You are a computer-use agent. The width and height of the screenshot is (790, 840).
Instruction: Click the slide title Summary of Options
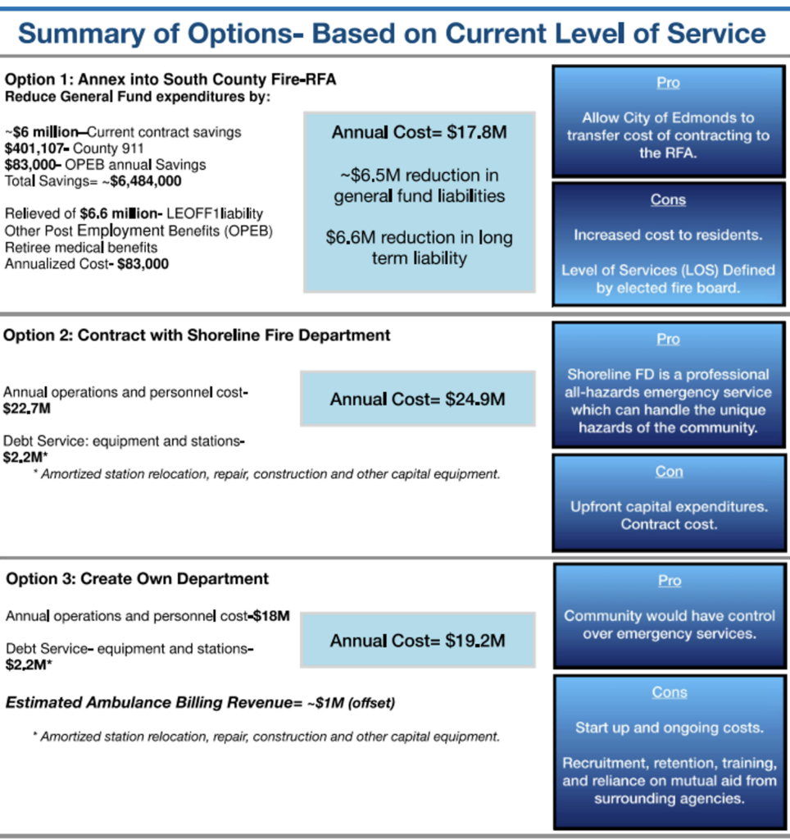click(392, 34)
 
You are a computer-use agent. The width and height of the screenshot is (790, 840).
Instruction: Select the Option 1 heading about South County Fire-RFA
click(170, 80)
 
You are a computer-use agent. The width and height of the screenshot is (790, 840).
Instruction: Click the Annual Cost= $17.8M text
click(419, 131)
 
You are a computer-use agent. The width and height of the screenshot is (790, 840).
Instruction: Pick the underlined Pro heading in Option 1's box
click(668, 84)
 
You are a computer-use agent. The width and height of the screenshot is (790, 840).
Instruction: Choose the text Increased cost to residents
click(668, 235)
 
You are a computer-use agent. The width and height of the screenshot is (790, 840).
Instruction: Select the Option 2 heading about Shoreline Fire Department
click(197, 336)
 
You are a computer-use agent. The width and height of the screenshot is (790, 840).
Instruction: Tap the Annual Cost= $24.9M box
click(417, 399)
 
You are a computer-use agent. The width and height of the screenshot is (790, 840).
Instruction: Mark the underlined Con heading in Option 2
click(669, 472)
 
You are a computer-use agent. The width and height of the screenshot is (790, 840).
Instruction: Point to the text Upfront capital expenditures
click(669, 507)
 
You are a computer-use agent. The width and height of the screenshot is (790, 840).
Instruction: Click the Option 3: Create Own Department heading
click(137, 579)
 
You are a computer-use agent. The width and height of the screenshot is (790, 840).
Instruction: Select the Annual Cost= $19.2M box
click(417, 641)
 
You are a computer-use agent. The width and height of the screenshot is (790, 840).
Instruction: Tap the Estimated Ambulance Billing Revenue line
click(189, 702)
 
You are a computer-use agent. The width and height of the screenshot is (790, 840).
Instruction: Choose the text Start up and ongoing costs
click(669, 728)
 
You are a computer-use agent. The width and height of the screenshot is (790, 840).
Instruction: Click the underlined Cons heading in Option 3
click(669, 693)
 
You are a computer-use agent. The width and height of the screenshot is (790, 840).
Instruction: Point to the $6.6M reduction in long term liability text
click(419, 248)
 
